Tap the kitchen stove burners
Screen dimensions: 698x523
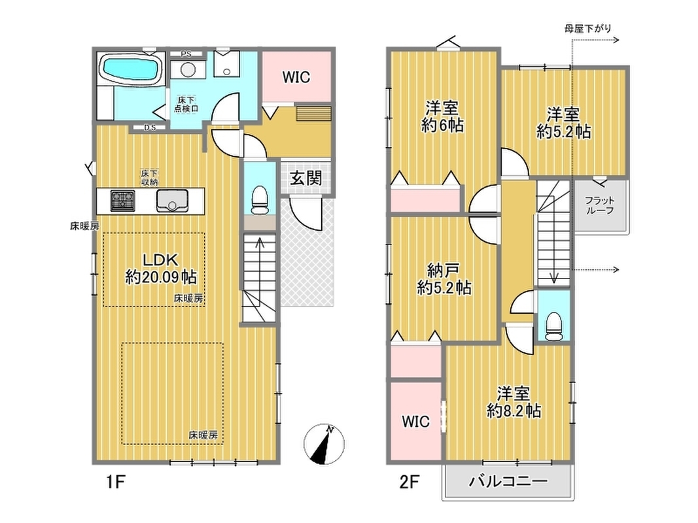(x=123, y=200)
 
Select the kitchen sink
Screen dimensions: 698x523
(x=172, y=200)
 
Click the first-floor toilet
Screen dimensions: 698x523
(x=260, y=199)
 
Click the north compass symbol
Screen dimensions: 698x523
(x=324, y=445)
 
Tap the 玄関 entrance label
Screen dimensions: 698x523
(x=305, y=178)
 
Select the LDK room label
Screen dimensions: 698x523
(x=160, y=260)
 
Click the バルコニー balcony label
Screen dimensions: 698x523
(x=508, y=481)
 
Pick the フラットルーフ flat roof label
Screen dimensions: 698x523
(x=600, y=205)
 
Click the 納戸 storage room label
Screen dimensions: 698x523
(x=444, y=269)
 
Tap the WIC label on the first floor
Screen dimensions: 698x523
(x=296, y=77)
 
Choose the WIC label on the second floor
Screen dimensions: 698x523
(x=416, y=421)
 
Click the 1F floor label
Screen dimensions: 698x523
(x=115, y=482)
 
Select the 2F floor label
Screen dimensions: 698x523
(x=409, y=482)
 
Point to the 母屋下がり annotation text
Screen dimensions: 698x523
(x=587, y=29)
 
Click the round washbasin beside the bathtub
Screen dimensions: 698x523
(x=188, y=69)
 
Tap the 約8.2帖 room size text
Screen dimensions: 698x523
(x=514, y=411)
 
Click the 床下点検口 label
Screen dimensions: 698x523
(x=186, y=104)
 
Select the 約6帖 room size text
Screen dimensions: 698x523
(x=442, y=125)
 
